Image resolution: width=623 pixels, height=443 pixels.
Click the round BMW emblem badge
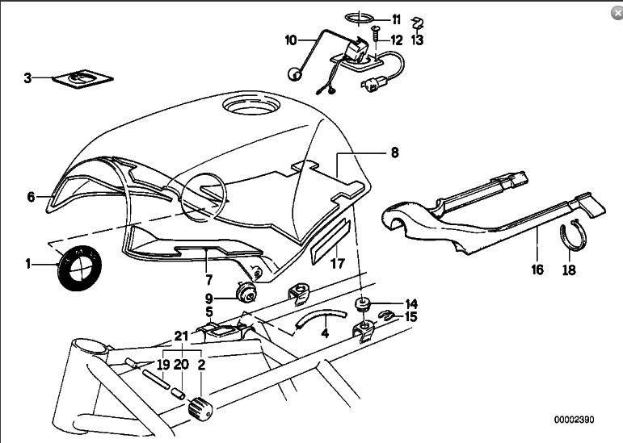click(79, 268)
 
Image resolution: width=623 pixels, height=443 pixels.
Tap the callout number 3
click(27, 78)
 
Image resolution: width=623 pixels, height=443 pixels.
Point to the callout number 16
click(537, 270)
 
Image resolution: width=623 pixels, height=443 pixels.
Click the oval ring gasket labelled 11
click(360, 19)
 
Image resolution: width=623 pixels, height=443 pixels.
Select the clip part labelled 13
click(417, 23)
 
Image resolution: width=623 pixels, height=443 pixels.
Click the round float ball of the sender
click(294, 73)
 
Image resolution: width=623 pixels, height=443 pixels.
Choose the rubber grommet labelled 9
click(246, 292)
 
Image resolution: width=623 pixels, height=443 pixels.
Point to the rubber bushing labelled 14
click(361, 305)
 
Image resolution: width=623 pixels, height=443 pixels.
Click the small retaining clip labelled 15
click(385, 316)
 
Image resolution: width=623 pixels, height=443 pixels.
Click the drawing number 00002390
click(575, 420)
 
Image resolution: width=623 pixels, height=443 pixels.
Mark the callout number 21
click(181, 336)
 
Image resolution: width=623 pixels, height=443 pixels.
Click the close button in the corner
click(617, 13)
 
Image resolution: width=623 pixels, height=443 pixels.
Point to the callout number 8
click(394, 153)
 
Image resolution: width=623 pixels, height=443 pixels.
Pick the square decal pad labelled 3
click(82, 79)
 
